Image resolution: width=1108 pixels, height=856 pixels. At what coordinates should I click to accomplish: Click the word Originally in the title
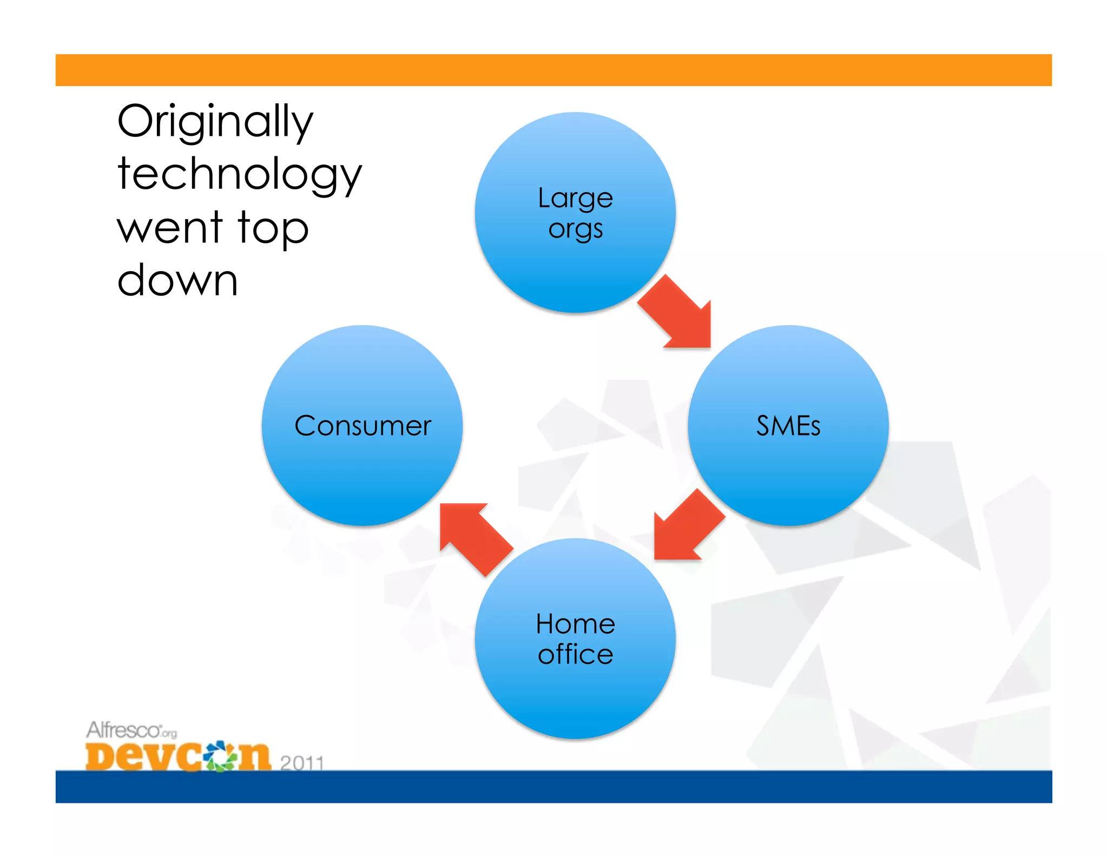tap(215, 122)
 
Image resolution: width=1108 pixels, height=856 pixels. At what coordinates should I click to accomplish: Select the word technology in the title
tap(239, 174)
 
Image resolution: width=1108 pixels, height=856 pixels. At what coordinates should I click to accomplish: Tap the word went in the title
tap(169, 227)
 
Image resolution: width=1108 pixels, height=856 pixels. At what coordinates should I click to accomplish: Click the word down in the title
tap(177, 280)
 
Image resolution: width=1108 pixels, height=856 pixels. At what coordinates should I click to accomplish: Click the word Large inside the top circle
tap(575, 198)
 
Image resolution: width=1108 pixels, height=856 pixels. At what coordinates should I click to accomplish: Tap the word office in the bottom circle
tap(575, 654)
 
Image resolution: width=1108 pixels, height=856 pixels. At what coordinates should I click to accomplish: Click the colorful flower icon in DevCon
tap(221, 755)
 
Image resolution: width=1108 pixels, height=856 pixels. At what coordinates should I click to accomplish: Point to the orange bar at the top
tap(553, 70)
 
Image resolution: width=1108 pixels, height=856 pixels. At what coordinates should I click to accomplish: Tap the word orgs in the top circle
tap(575, 229)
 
